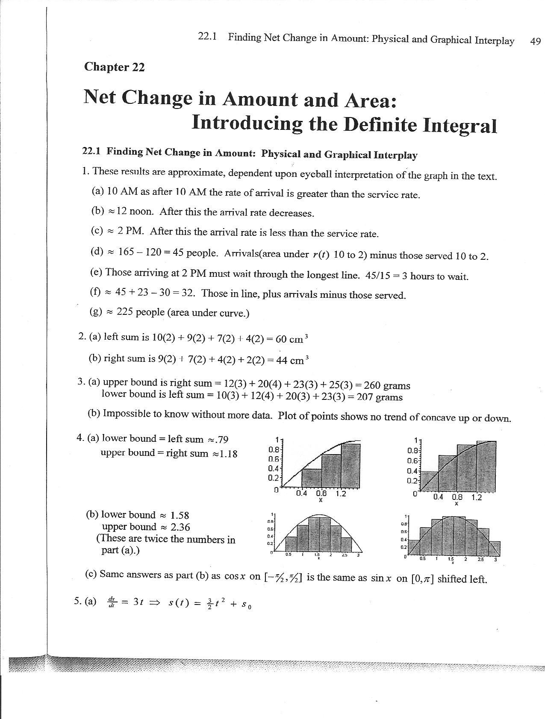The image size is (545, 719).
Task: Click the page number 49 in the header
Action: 535,41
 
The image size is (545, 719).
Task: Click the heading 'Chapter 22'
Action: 114,67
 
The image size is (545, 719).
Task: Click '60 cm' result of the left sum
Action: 292,339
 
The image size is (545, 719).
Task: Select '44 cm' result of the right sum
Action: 292,360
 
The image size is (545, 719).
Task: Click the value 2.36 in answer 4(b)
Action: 180,527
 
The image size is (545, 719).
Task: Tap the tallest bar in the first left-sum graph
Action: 350,466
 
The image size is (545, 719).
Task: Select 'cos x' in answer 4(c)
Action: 235,576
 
